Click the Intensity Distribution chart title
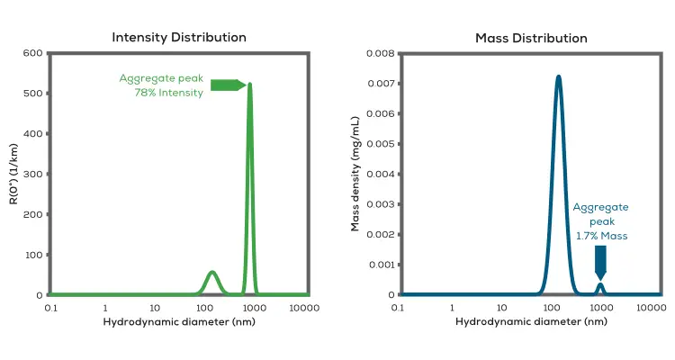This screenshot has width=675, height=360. (178, 38)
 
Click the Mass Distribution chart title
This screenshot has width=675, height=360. (531, 38)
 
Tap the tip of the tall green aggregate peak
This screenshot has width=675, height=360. (249, 85)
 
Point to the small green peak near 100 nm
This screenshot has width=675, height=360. (211, 273)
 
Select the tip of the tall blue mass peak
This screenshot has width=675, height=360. (559, 76)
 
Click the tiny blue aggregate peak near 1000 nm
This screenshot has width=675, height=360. (600, 285)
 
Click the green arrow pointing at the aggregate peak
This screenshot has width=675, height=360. (228, 85)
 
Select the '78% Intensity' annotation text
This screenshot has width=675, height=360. (168, 92)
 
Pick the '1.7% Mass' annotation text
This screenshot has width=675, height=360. (600, 235)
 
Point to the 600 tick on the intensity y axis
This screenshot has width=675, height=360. (32, 53)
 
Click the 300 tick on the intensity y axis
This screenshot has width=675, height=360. (32, 174)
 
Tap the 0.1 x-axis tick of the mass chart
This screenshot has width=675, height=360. (398, 308)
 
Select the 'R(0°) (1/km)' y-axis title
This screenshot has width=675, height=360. (14, 175)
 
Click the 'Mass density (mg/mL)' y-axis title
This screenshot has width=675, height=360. (356, 174)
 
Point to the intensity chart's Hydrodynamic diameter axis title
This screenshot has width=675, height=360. (178, 322)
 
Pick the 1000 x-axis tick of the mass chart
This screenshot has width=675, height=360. (600, 308)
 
